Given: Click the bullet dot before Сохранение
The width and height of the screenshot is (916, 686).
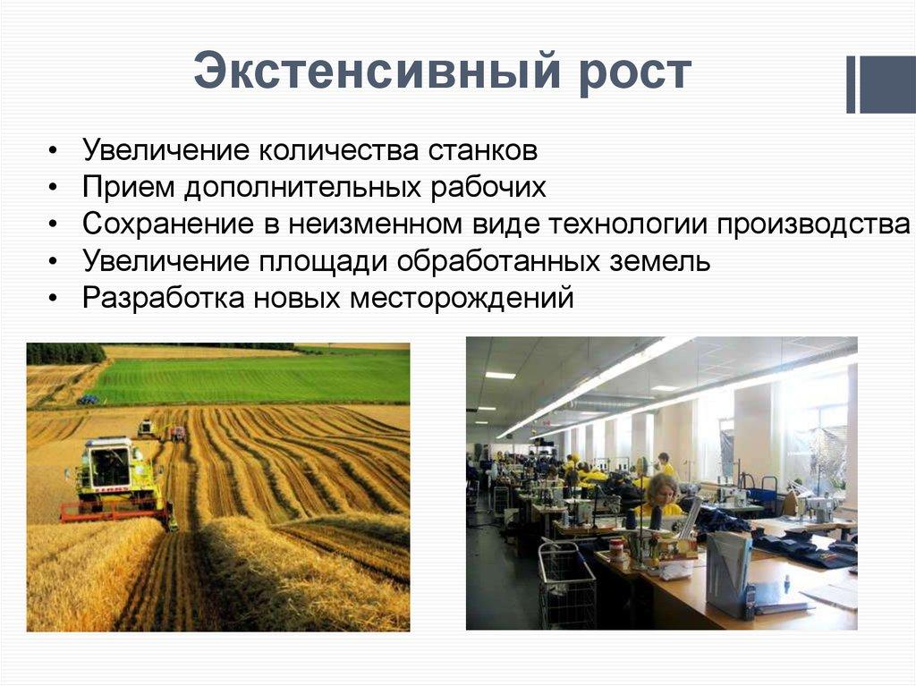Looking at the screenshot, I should click(55, 224).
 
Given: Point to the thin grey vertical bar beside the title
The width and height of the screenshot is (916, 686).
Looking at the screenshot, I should click(851, 85).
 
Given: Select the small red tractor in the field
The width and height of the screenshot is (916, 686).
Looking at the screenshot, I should click(176, 434).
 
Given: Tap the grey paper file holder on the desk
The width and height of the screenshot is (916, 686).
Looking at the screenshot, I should click(728, 572).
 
